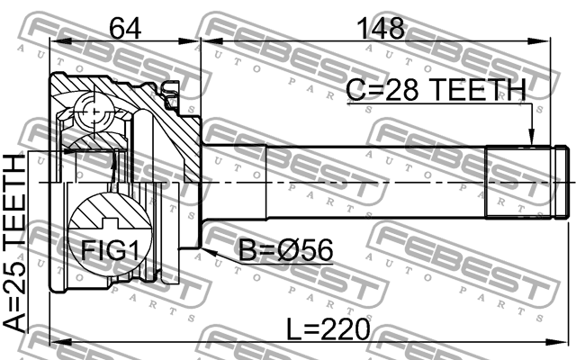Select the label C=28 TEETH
pyautogui.click(x=436, y=90)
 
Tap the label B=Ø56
pyautogui.click(x=286, y=250)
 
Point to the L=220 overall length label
pyautogui.click(x=328, y=329)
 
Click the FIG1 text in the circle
pyautogui.click(x=110, y=250)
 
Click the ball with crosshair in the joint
pyautogui.click(x=94, y=112)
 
